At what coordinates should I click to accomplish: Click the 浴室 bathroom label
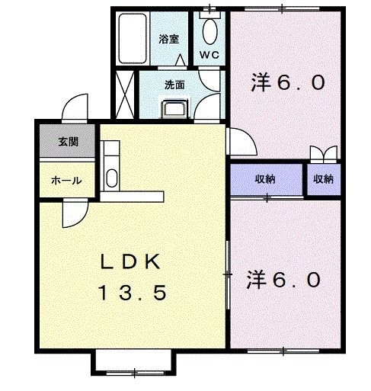[168, 38]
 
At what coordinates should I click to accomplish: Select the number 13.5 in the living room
[131, 293]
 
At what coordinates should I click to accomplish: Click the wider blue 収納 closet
[266, 179]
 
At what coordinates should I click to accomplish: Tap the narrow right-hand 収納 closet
[323, 179]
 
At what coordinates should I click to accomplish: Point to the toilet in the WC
[209, 31]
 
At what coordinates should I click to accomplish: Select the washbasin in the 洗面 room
[175, 108]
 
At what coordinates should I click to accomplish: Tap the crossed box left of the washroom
[126, 92]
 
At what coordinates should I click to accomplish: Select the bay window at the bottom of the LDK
[134, 364]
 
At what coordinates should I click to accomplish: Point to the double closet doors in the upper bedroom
[323, 152]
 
